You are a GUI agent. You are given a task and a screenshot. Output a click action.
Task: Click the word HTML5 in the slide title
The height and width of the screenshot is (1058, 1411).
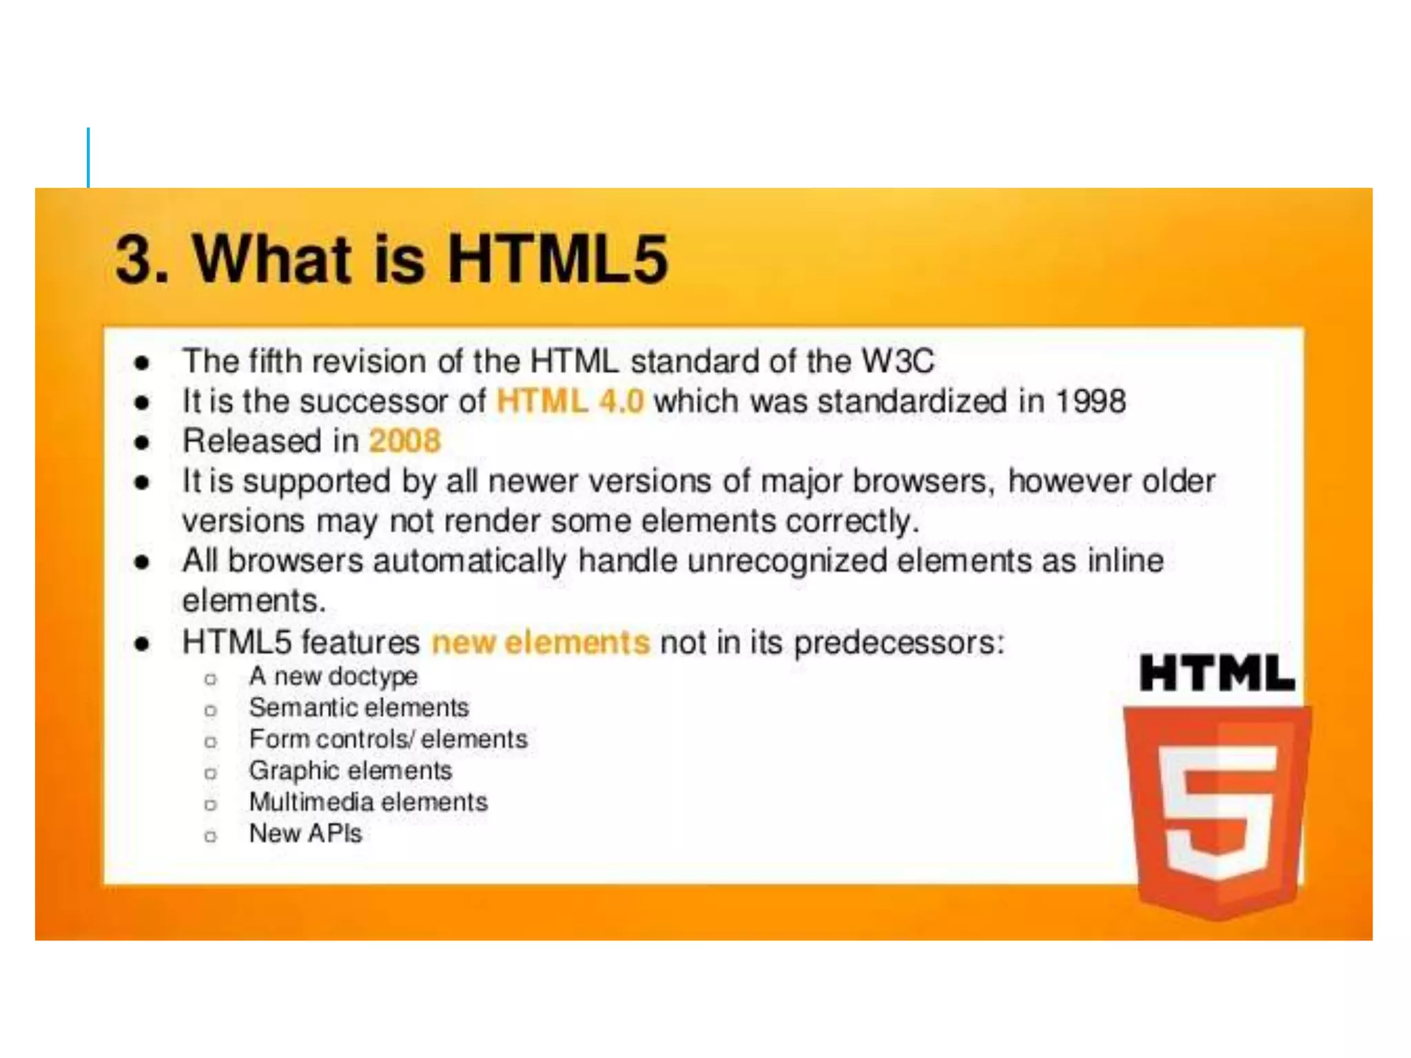click(558, 259)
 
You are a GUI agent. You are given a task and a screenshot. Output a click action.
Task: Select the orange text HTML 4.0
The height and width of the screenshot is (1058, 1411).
click(570, 401)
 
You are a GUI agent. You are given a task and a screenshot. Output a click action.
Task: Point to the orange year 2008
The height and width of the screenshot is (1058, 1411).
click(404, 441)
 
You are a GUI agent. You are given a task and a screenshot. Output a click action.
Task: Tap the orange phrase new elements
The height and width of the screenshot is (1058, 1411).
click(540, 642)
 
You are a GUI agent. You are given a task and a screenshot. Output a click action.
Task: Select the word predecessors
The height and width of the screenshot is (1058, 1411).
click(898, 643)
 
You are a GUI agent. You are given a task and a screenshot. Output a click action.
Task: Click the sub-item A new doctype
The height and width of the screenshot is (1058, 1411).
click(333, 676)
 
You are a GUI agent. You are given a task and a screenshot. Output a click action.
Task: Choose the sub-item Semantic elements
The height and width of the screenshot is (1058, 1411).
click(358, 707)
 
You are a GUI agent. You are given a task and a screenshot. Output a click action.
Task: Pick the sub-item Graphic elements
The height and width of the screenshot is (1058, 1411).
click(350, 771)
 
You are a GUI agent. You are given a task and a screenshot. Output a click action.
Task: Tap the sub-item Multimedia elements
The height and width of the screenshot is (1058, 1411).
click(368, 802)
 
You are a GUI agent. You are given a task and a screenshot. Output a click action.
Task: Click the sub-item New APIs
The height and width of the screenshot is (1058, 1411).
click(305, 833)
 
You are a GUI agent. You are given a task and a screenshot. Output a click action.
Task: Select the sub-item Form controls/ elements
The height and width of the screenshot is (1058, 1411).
click(388, 739)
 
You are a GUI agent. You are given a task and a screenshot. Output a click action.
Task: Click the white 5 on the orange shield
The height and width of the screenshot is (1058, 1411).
click(1217, 813)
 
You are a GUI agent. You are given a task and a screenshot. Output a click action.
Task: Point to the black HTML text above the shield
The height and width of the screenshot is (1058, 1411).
click(1217, 673)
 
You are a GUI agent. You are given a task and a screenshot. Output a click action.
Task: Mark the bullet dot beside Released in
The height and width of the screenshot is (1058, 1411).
click(142, 442)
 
